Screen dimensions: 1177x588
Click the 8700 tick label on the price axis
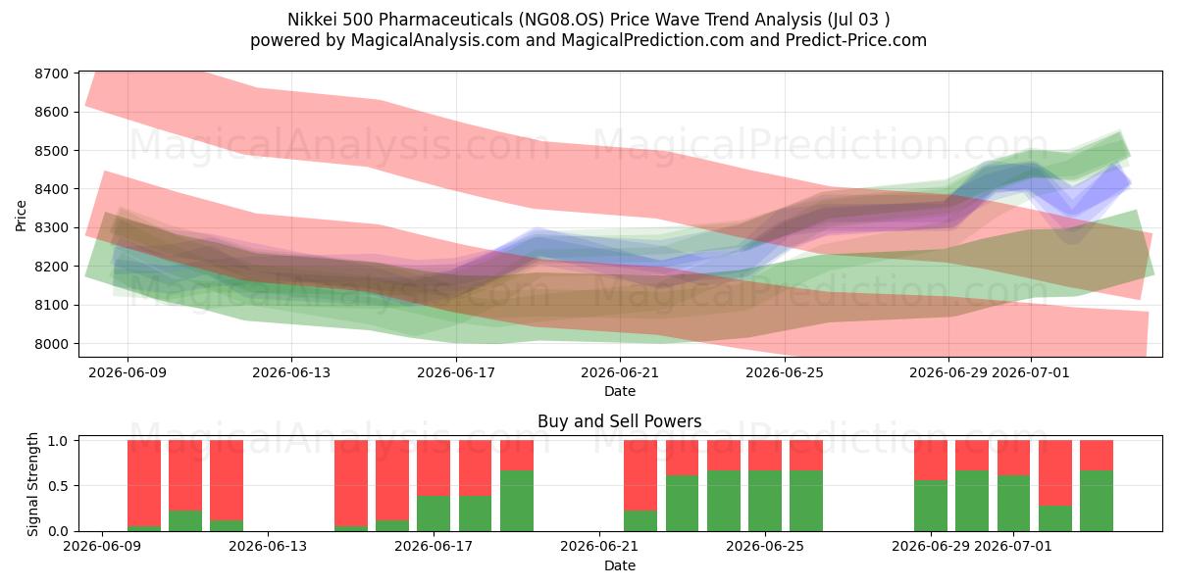point(51,73)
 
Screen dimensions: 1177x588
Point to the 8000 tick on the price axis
point(51,344)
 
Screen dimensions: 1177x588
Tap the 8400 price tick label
point(51,189)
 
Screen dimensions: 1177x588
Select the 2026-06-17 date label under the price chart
point(456,372)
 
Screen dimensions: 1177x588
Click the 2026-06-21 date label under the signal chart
point(599,546)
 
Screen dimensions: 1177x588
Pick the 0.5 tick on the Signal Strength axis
point(58,486)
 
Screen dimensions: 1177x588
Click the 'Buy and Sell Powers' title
point(620,421)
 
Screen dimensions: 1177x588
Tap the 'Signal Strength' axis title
point(32,484)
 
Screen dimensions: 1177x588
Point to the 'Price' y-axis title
point(21,216)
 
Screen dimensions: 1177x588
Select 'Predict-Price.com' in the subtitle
point(856,40)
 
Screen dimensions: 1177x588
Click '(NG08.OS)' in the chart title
point(561,20)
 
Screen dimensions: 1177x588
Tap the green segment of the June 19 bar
point(517,501)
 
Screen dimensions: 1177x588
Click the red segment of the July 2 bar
point(1055,473)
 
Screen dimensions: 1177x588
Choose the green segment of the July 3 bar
point(1097,501)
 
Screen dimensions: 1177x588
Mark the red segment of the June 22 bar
point(640,475)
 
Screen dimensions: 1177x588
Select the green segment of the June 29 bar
point(931,506)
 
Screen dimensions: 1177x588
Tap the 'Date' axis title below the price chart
point(620,391)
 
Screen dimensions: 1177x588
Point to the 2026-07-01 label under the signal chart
point(1013,546)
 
